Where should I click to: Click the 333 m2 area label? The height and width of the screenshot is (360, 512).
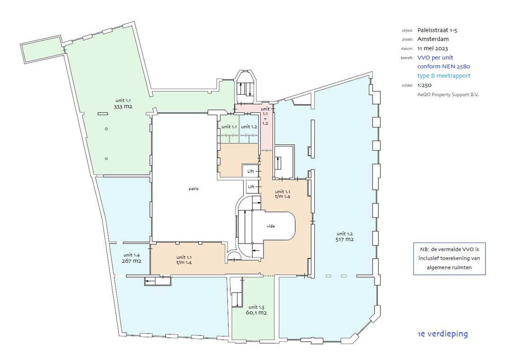tap(123, 107)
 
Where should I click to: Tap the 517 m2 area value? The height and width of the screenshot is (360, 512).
tap(345, 240)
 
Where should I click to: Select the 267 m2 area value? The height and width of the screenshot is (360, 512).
tap(132, 261)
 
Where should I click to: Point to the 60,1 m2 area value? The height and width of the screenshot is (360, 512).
tap(256, 313)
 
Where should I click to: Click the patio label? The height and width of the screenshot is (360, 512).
tap(193, 189)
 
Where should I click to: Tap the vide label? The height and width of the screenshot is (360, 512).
tap(271, 226)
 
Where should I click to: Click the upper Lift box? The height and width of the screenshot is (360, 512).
tap(251, 171)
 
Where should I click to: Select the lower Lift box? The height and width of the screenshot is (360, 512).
tap(251, 187)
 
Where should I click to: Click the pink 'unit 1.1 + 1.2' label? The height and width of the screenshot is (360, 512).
tap(265, 116)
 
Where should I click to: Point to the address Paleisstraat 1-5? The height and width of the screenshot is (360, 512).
tap(437, 30)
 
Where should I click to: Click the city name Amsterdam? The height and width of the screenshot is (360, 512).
tap(433, 39)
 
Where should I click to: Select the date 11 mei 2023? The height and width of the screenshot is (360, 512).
tap(433, 48)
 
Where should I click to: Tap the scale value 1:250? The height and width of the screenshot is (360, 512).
tap(424, 85)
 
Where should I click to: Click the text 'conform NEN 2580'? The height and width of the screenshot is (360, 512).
tap(444, 67)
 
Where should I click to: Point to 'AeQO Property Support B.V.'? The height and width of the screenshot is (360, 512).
tap(448, 95)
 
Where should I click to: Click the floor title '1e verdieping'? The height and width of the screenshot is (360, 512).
tap(443, 334)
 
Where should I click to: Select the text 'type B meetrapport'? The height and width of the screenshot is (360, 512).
tap(444, 76)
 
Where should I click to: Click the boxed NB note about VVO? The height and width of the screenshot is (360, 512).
tap(449, 259)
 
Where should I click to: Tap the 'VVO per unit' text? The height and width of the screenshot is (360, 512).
tap(435, 58)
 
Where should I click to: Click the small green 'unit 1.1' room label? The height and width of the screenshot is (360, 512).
tap(229, 126)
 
